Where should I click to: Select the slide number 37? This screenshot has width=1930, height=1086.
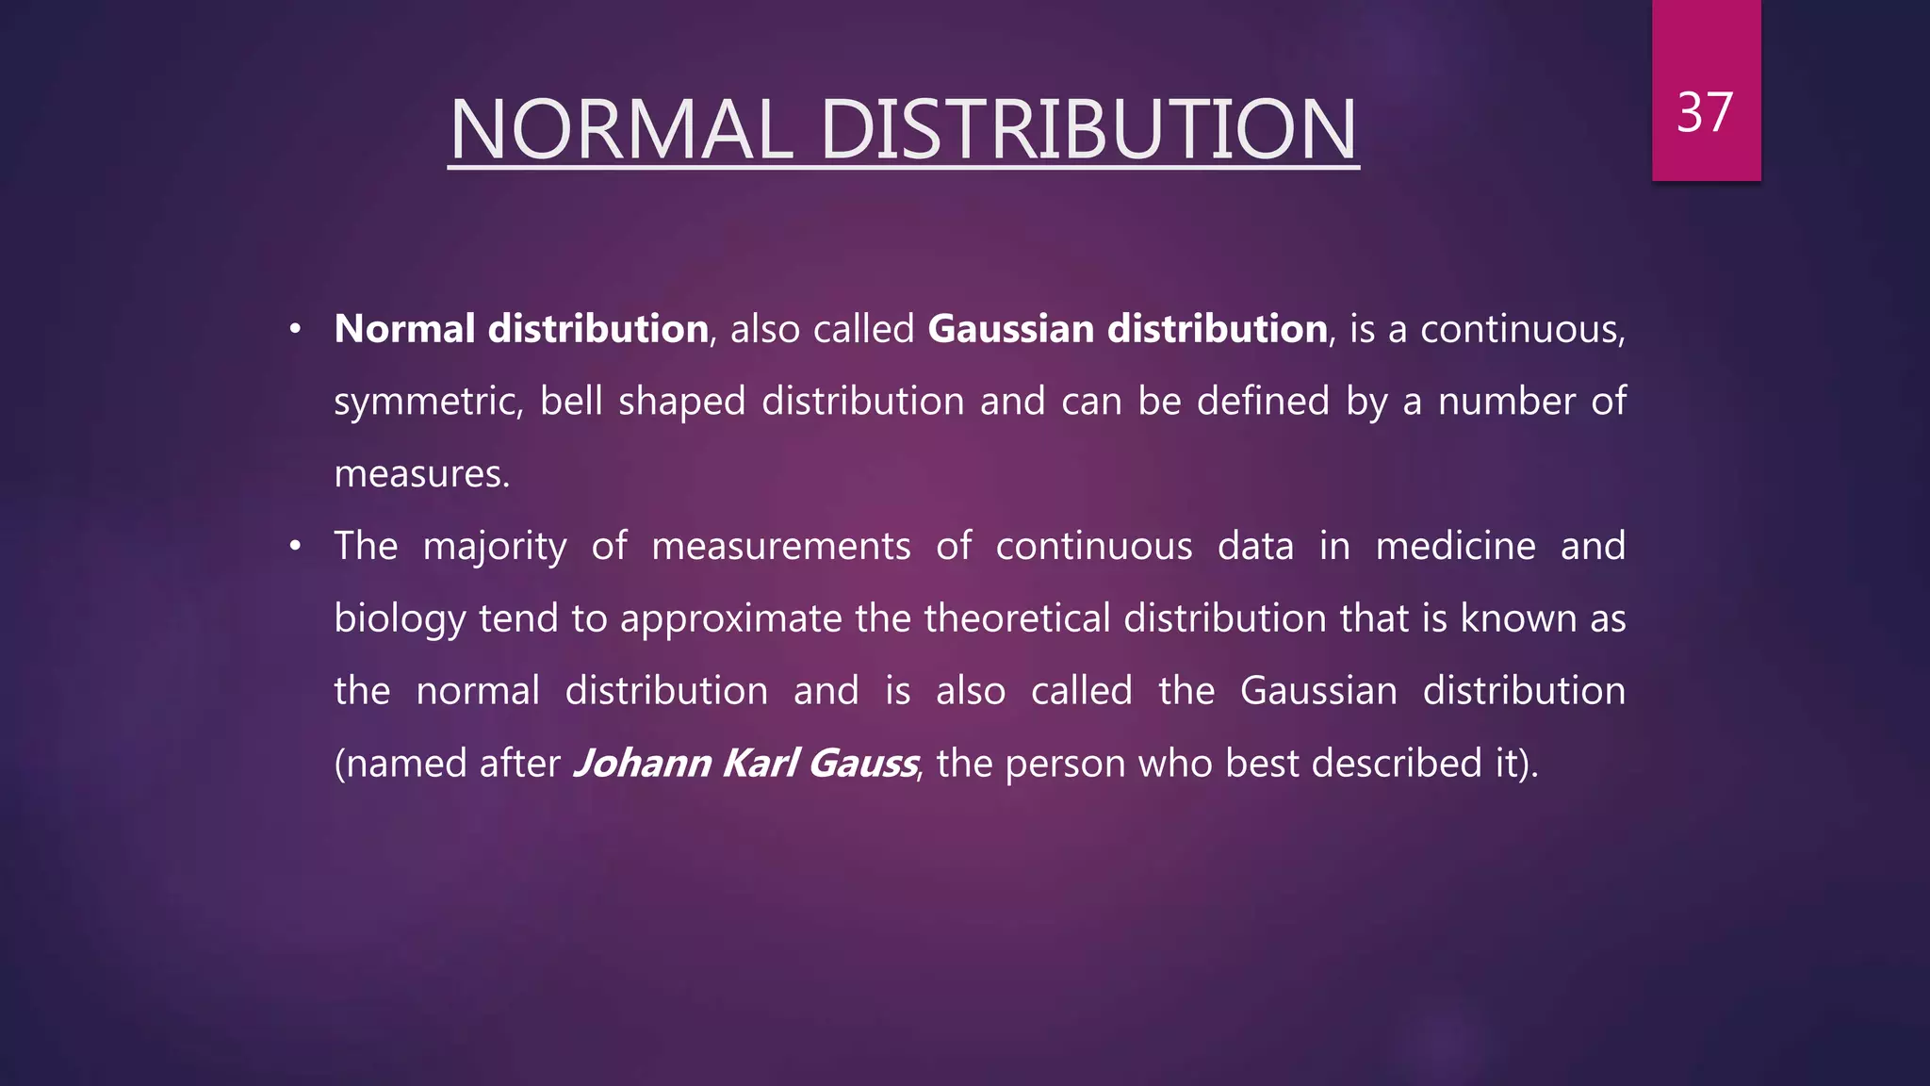coord(1705,112)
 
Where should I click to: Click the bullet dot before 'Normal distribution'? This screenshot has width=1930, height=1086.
coord(295,329)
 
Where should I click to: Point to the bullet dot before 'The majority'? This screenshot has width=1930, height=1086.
coord(295,546)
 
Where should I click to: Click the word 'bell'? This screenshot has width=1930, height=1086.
coord(571,401)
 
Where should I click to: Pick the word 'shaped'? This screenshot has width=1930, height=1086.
coord(681,403)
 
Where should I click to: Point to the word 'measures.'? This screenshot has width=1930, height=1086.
coord(421,474)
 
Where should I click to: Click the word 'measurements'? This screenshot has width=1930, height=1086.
coord(781,547)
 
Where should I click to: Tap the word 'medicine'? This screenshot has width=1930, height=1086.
coord(1455,546)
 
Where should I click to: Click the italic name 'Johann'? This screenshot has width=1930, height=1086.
coord(642,764)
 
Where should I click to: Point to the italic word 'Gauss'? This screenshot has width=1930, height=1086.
coord(862,764)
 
